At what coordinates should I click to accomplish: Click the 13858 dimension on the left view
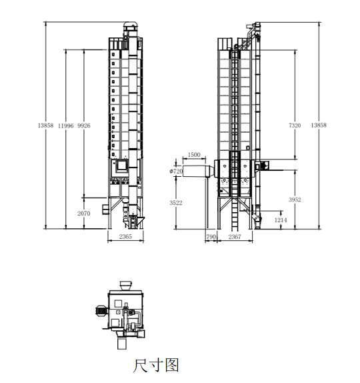[45, 125]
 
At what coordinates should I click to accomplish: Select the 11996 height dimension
[65, 126]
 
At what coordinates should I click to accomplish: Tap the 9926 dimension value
[84, 125]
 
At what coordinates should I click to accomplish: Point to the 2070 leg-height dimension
[84, 214]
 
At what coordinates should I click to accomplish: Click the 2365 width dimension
[125, 236]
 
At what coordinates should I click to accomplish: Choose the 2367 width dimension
[235, 237]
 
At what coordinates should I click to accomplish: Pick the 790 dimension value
[211, 237]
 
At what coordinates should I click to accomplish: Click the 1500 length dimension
[194, 155]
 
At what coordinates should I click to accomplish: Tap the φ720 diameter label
[176, 171]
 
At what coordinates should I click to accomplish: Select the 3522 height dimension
[176, 203]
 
